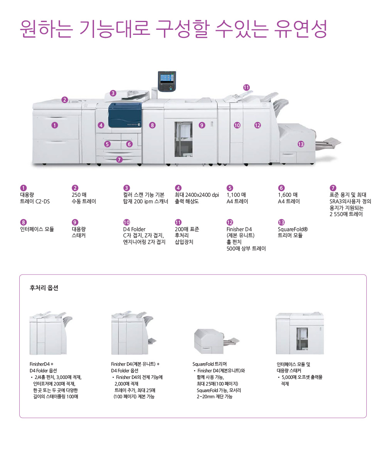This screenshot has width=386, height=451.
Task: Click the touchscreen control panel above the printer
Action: click(x=167, y=81)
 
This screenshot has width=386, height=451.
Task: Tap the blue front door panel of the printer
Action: click(x=125, y=115)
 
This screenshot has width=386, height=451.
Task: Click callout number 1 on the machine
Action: click(x=54, y=125)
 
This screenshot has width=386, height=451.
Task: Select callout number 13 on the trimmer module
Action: click(x=301, y=144)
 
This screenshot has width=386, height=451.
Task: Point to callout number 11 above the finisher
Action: click(x=246, y=87)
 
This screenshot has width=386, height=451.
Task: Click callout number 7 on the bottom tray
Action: click(x=119, y=159)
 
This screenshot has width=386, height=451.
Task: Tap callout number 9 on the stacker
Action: click(x=202, y=125)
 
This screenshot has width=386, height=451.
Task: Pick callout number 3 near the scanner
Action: click(x=113, y=93)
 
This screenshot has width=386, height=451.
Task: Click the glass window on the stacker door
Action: click(x=183, y=139)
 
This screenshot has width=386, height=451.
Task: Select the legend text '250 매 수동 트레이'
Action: click(x=83, y=198)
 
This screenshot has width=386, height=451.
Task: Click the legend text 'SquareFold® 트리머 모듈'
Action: click(x=293, y=232)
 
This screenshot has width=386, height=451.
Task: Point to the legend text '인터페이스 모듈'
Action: click(x=37, y=229)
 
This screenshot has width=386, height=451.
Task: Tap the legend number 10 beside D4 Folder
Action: click(x=127, y=222)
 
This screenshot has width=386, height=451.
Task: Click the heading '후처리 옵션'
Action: click(x=44, y=288)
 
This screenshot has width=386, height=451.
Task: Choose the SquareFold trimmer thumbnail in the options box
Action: click(x=217, y=342)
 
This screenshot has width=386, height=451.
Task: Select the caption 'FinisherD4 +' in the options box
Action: click(x=42, y=364)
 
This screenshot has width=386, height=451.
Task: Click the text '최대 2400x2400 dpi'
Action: click(x=197, y=195)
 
